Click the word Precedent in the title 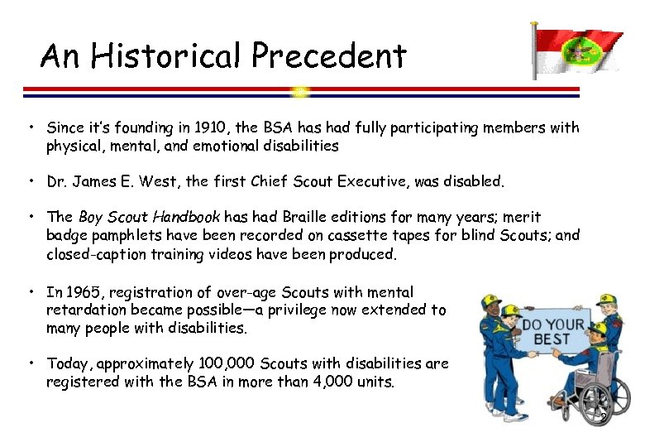pos(329,56)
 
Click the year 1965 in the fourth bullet pos(79,291)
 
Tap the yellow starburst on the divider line pos(301,91)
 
